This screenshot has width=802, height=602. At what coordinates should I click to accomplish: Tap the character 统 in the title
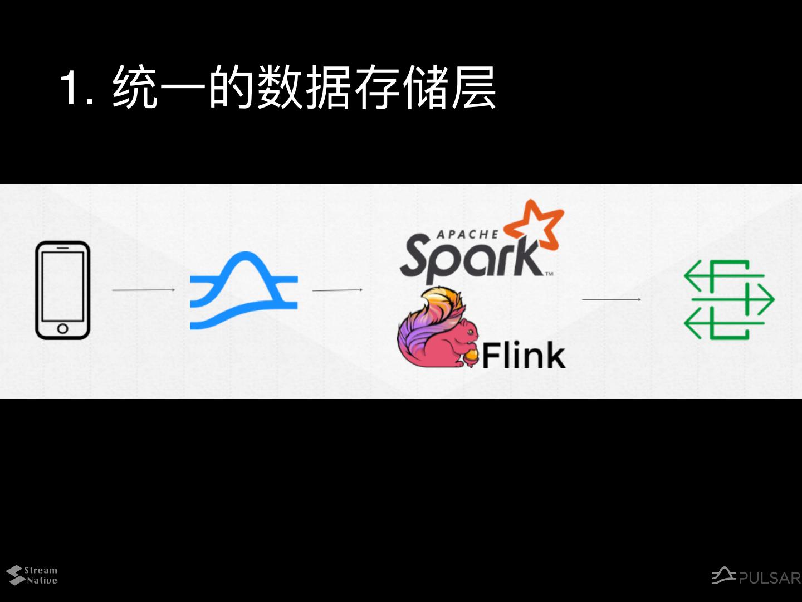(134, 88)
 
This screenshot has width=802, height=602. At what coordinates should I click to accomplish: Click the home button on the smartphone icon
(62, 328)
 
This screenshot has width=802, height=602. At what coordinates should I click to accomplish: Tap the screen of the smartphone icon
(62, 285)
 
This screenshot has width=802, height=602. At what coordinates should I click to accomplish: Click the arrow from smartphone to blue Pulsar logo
(144, 290)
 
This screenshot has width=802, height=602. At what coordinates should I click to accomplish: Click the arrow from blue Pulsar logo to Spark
(338, 290)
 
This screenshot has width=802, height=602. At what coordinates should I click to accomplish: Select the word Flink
(524, 356)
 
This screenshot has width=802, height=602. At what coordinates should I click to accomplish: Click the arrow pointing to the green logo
(611, 299)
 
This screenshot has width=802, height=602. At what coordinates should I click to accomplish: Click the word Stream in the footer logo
(41, 570)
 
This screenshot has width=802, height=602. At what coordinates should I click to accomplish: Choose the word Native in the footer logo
(42, 580)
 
